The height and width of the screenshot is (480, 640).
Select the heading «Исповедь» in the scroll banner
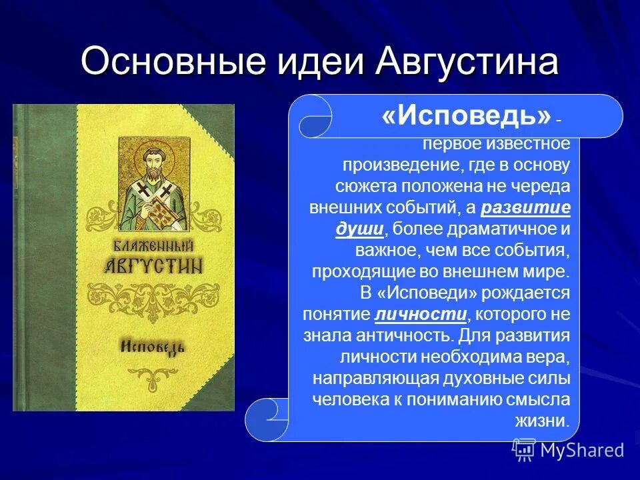tap(465, 117)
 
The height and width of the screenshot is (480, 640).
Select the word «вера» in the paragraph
tap(551, 357)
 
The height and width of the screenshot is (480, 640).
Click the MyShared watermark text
tap(582, 451)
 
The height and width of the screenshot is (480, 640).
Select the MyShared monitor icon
tap(524, 450)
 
